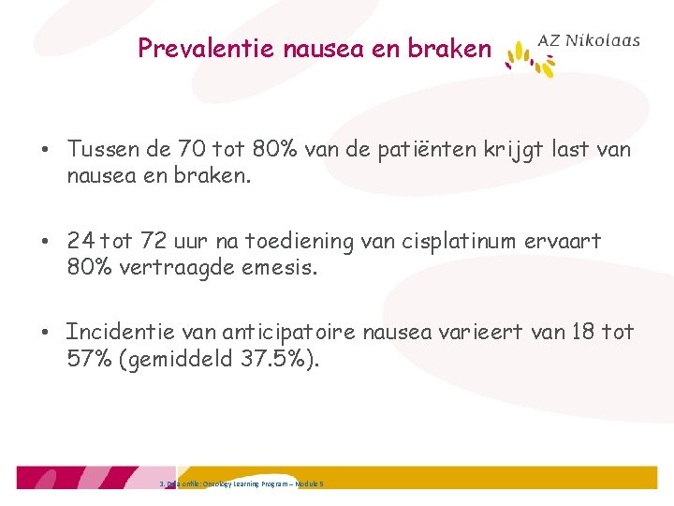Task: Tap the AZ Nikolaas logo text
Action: (x=589, y=40)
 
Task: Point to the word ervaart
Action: (x=567, y=242)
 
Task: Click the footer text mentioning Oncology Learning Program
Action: (x=243, y=484)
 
